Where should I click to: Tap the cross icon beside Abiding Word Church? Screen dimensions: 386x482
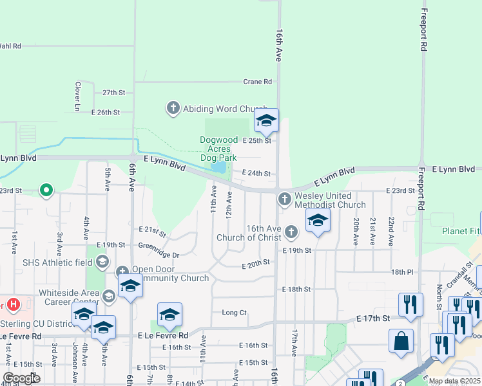tap(173, 108)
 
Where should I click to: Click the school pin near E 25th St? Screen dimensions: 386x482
tap(265, 121)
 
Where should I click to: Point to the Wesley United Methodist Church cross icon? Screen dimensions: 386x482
tap(284, 199)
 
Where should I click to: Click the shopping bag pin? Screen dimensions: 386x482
tap(401, 342)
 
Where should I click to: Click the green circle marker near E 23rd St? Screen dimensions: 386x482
tap(46, 190)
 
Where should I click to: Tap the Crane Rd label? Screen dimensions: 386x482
tap(257, 82)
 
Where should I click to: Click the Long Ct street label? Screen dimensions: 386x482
tap(234, 313)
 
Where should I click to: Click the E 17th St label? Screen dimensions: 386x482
tap(373, 318)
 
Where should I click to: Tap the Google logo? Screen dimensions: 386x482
tap(22, 378)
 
